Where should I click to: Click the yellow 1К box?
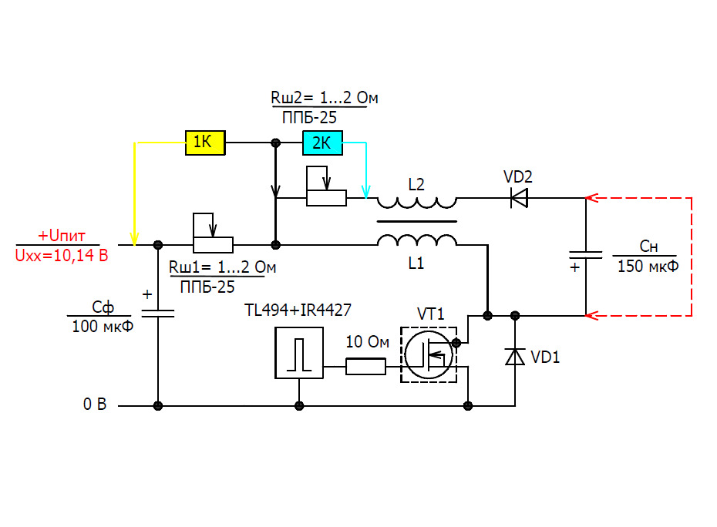[x=205, y=143]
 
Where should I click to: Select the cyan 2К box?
[x=322, y=143]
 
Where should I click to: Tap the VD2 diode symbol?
[x=519, y=198]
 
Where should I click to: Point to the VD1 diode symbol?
[x=515, y=357]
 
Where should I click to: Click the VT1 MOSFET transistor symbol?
[x=429, y=354]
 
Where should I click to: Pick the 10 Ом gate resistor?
[x=365, y=367]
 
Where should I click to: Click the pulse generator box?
[x=299, y=353]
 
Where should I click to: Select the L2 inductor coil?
[x=417, y=203]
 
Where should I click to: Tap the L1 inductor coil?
[x=417, y=240]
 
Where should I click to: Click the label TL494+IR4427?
[x=298, y=310]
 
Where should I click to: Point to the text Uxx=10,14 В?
[x=62, y=255]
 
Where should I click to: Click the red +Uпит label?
[x=62, y=236]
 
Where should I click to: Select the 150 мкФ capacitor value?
[x=648, y=266]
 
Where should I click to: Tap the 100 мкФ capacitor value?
[x=103, y=327]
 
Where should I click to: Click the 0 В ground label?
[x=95, y=404]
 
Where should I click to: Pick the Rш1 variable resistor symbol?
[x=213, y=233]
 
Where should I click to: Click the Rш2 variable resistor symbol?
[x=326, y=186]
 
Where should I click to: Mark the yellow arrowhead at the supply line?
[x=134, y=239]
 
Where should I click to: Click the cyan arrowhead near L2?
[x=365, y=192]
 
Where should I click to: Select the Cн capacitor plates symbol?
[x=585, y=255]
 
